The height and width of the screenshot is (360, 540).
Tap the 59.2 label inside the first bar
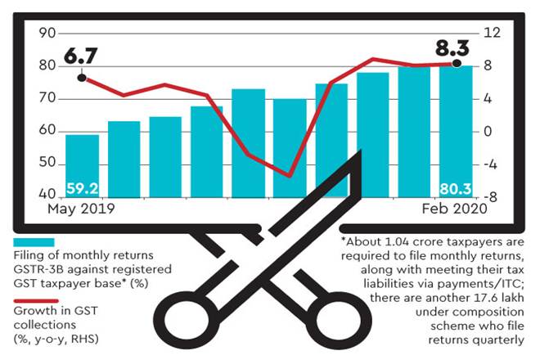(x=82, y=189)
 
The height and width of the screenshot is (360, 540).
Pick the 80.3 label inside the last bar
(x=456, y=189)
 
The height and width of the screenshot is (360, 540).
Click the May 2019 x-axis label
(x=81, y=209)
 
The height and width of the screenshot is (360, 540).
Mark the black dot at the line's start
(x=82, y=79)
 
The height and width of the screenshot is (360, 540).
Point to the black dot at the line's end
(x=457, y=64)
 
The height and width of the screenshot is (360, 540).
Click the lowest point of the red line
(x=289, y=175)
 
